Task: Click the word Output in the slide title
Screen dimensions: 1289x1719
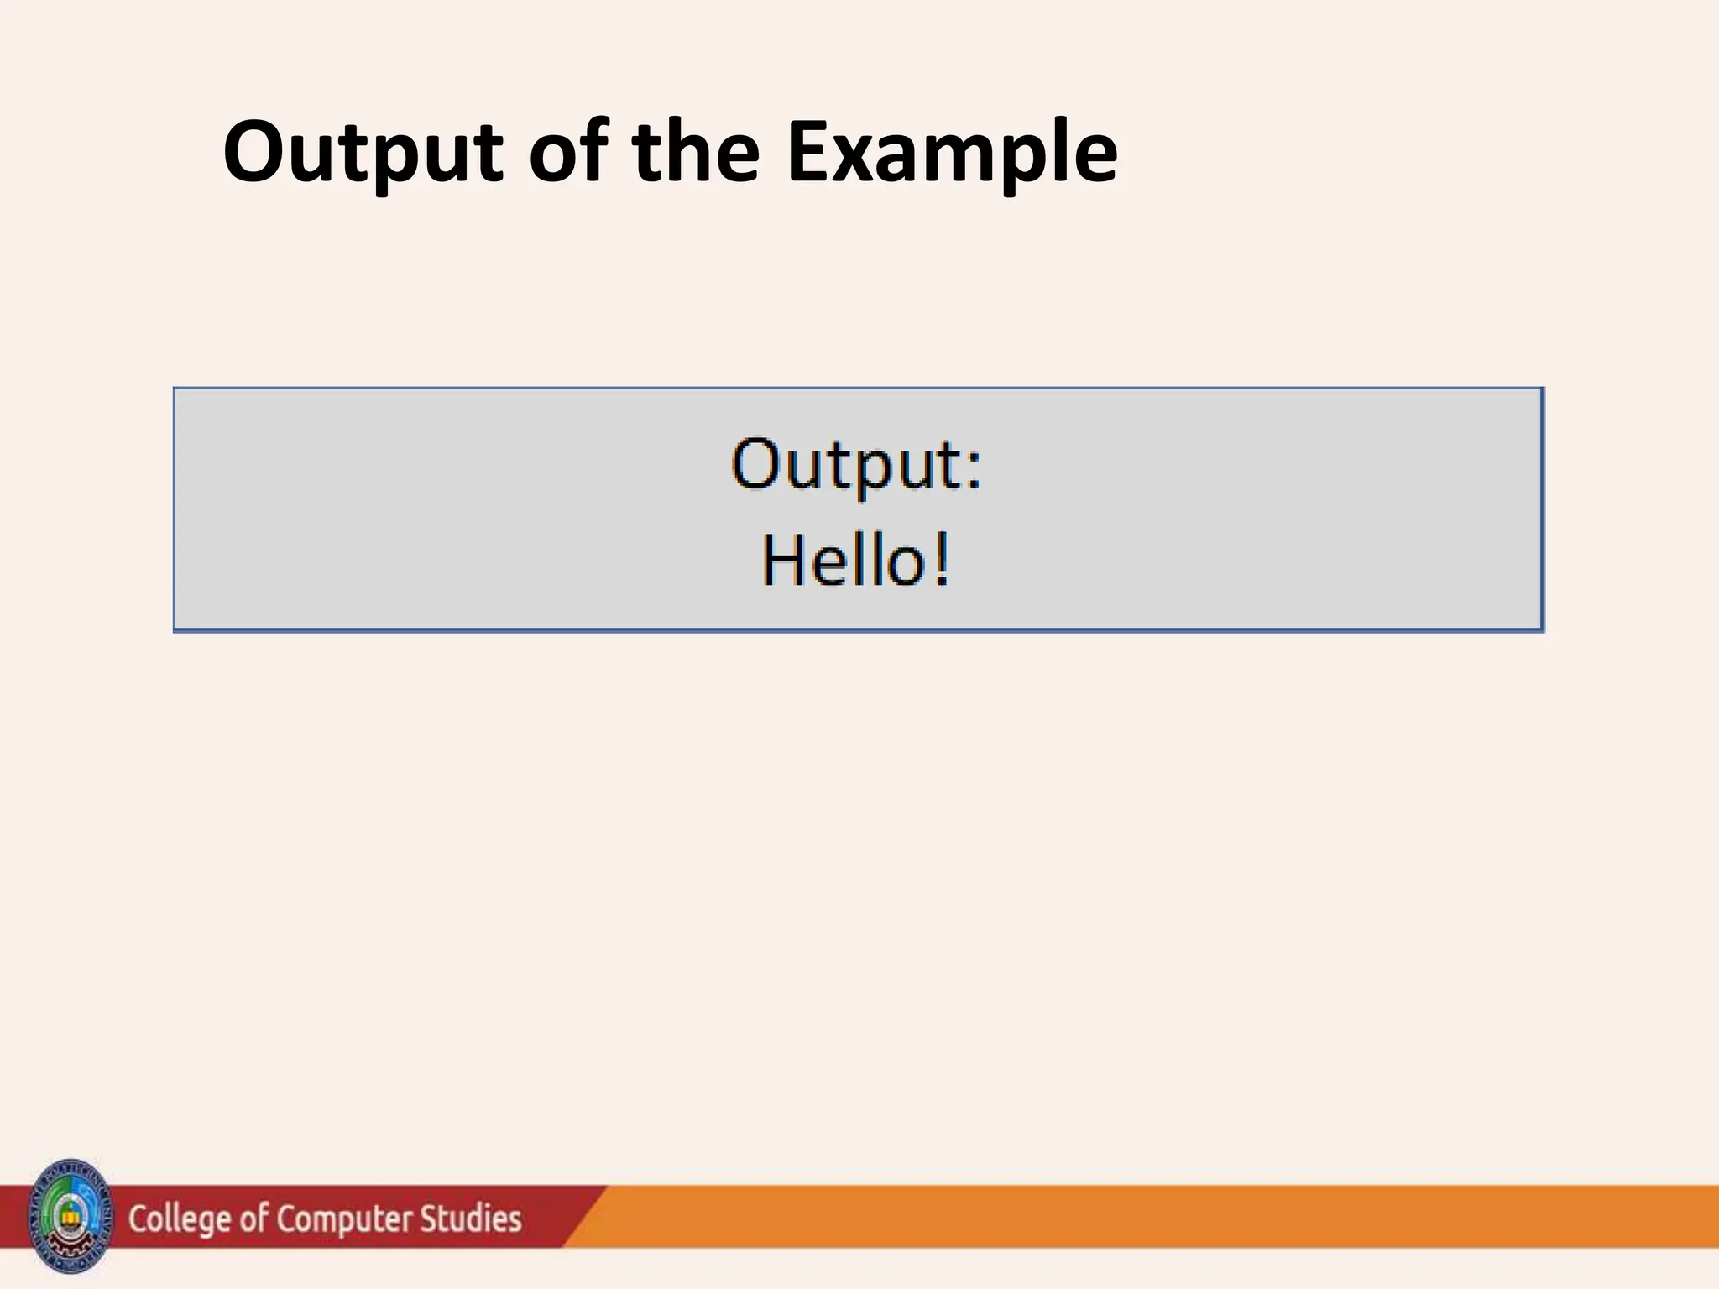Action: click(x=363, y=153)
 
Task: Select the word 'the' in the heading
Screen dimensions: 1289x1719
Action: click(x=696, y=153)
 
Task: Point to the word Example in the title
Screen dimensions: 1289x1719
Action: click(x=952, y=153)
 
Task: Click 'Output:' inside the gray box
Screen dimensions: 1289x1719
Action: click(x=856, y=464)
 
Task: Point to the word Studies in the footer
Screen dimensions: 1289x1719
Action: click(x=471, y=1219)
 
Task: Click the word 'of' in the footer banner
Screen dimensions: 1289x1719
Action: click(x=253, y=1219)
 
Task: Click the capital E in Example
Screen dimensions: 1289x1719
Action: click(x=809, y=153)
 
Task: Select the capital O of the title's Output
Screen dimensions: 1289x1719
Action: click(x=253, y=153)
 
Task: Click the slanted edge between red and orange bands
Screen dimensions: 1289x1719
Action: click(x=585, y=1216)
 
